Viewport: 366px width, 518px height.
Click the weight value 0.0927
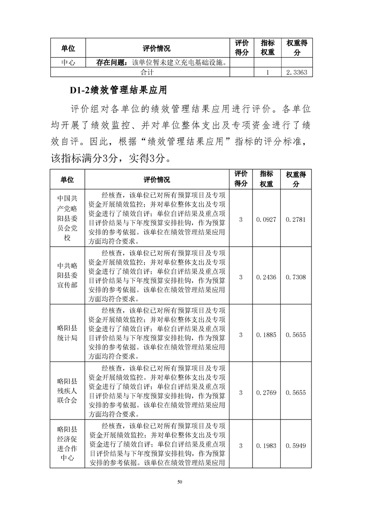click(x=266, y=219)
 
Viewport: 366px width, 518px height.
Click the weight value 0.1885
click(x=266, y=335)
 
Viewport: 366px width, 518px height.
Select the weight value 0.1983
click(x=266, y=445)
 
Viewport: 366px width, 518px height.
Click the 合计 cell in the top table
click(x=147, y=73)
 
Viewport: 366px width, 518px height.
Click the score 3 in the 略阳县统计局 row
click(x=241, y=335)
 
